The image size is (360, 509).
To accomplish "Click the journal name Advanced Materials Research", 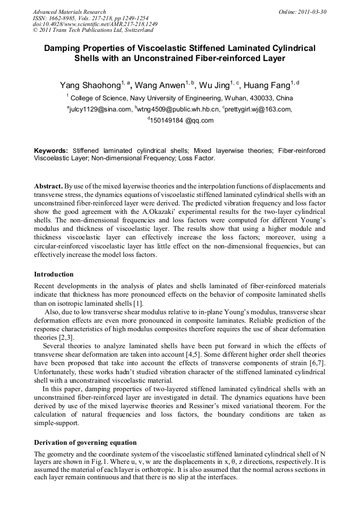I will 69,12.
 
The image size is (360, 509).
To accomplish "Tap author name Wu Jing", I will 217,85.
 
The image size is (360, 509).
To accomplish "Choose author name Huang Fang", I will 267,85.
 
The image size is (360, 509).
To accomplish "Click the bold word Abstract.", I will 48,187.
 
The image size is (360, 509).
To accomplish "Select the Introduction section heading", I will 54,274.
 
